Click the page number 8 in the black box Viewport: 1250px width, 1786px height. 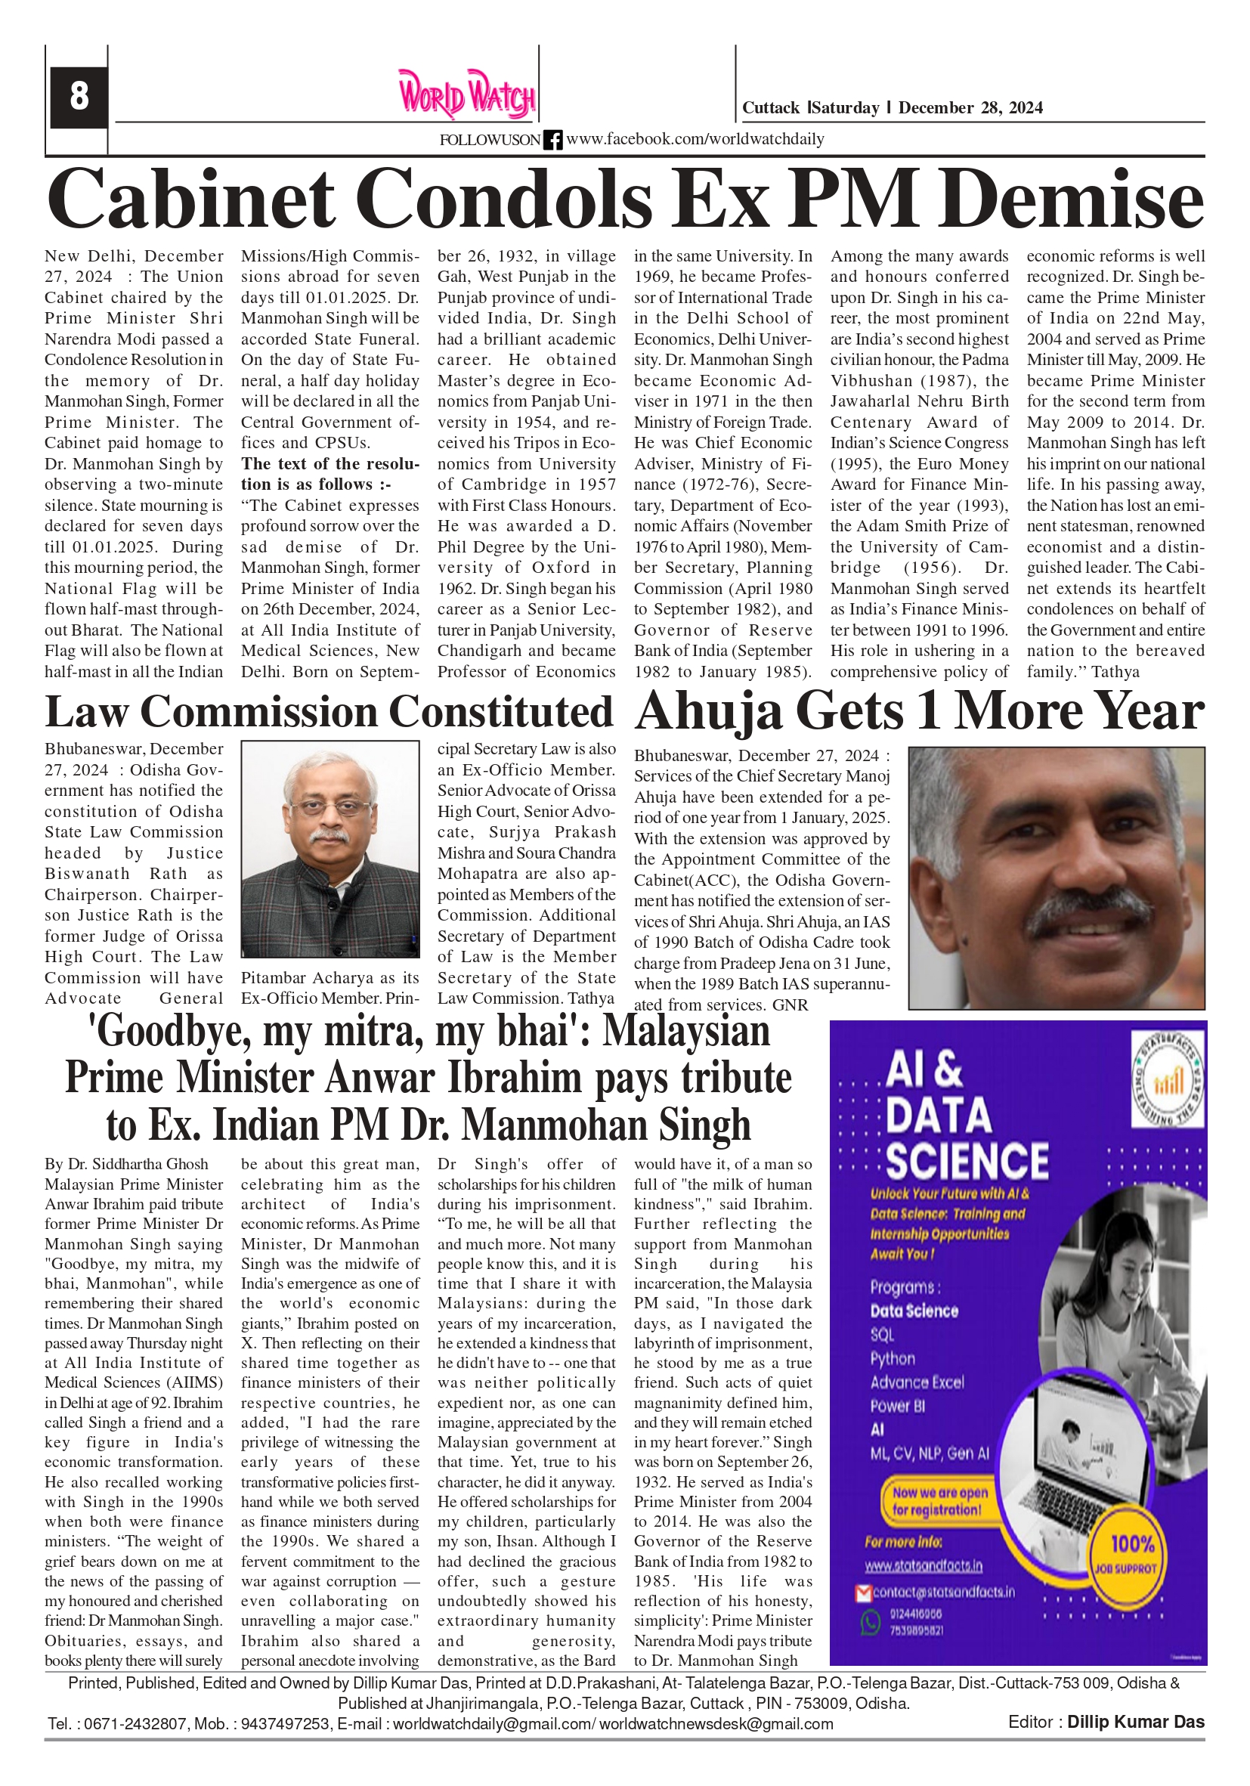tap(79, 97)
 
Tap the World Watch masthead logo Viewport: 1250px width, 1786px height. tap(467, 94)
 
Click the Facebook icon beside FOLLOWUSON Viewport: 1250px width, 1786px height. tap(553, 140)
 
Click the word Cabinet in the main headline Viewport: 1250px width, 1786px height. tap(190, 198)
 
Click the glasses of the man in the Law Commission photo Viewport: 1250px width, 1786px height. tap(330, 805)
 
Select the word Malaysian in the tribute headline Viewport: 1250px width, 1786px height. tap(686, 1032)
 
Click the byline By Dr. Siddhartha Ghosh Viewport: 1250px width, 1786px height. tap(126, 1165)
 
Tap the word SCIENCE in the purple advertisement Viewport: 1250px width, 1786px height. tap(967, 1162)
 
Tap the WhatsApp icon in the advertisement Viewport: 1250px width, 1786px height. tap(869, 1622)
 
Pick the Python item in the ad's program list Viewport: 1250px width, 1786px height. tap(893, 1359)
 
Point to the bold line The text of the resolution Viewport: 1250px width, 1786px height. tap(330, 474)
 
